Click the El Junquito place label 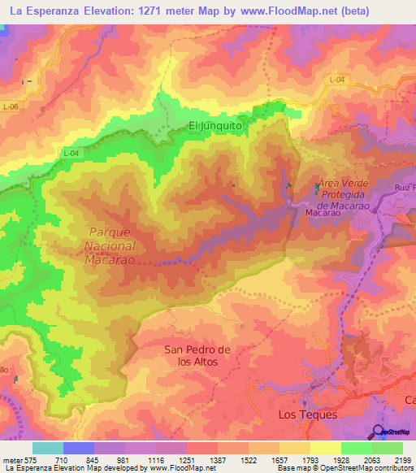[216, 126]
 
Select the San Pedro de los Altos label [198, 355]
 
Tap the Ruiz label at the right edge [405, 188]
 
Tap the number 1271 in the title [162, 11]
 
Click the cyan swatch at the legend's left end [47, 448]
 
